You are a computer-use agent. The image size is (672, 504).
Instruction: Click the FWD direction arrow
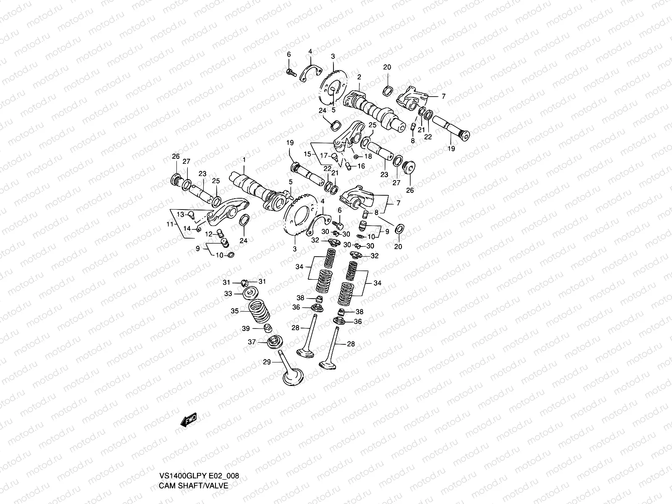(x=189, y=420)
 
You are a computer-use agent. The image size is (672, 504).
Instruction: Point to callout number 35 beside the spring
(x=234, y=311)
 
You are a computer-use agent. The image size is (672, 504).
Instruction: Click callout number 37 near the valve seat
(x=251, y=342)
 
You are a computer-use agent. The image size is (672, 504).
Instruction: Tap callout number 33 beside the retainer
(x=228, y=294)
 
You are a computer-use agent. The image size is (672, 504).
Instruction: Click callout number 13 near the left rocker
(x=180, y=214)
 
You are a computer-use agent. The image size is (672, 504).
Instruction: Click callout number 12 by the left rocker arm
(x=209, y=234)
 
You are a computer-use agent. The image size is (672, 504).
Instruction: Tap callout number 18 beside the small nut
(x=368, y=156)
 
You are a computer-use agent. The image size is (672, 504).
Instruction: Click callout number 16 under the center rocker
(x=361, y=166)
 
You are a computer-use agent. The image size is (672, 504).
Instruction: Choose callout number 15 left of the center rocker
(x=307, y=155)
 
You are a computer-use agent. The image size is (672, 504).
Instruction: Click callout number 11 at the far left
(x=169, y=224)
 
